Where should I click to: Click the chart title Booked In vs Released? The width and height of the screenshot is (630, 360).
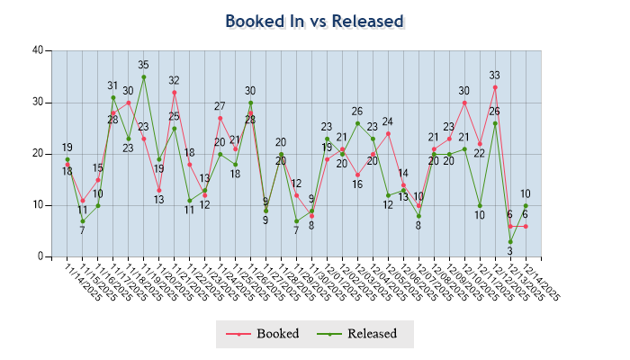(314, 22)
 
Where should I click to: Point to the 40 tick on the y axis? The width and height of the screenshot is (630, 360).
(38, 50)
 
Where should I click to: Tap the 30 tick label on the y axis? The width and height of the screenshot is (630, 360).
(38, 102)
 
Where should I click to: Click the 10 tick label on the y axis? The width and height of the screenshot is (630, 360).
(38, 205)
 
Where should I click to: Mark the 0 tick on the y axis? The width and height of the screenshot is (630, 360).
(40, 256)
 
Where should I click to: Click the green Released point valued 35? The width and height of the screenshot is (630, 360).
(144, 76)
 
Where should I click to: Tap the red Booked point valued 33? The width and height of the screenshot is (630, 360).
(495, 86)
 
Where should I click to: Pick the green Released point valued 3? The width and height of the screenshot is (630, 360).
(510, 241)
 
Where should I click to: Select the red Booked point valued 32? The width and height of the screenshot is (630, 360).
(174, 92)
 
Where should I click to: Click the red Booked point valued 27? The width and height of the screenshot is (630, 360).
(220, 118)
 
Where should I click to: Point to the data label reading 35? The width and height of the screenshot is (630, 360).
(144, 65)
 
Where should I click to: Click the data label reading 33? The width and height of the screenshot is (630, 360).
(495, 76)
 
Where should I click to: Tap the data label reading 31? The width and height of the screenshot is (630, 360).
(113, 85)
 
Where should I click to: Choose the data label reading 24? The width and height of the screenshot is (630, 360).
(388, 121)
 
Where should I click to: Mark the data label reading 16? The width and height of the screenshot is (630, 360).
(357, 184)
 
